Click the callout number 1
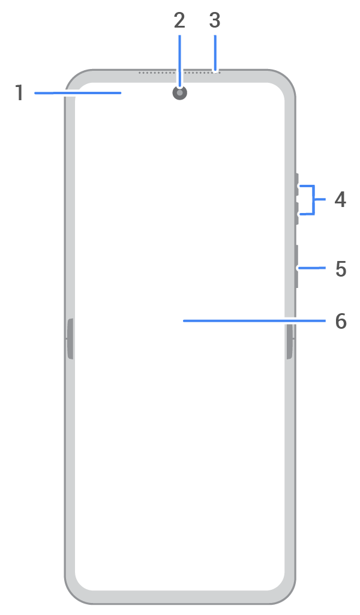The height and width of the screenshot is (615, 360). point(19,94)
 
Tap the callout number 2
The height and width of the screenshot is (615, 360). point(179,20)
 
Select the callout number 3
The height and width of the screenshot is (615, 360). point(215,20)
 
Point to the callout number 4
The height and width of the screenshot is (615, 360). point(340,199)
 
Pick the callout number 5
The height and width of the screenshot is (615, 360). point(341,269)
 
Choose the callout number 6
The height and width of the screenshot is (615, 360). point(341,321)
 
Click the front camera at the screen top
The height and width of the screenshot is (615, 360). point(179,92)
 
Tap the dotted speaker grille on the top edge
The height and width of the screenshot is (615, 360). point(179,73)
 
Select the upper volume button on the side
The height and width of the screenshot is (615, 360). point(296,187)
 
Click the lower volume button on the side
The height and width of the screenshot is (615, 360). point(296,214)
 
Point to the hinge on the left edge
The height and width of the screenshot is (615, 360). point(70,339)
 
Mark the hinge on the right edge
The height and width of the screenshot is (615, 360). point(289,339)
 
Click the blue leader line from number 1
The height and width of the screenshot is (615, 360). point(77,93)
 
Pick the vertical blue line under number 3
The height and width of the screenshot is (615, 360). point(215,53)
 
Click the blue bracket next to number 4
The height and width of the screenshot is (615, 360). point(313,200)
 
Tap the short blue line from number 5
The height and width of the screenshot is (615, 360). point(312,268)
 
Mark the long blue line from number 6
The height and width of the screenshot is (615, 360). point(254,321)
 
